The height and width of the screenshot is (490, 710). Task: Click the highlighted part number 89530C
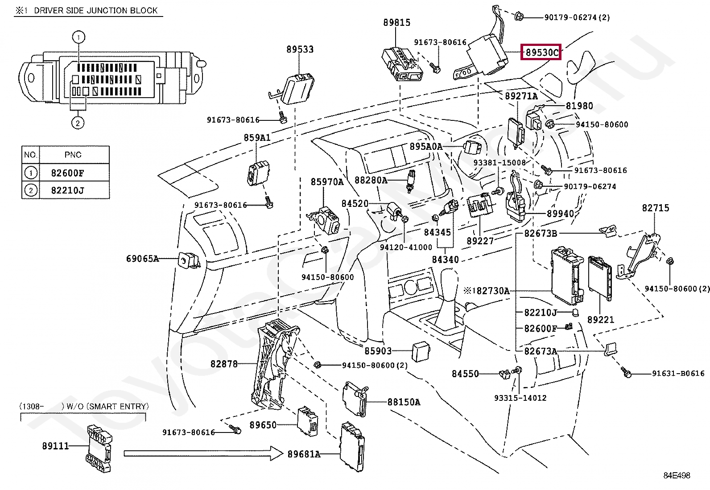(x=542, y=53)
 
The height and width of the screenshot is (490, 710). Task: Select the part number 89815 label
(x=396, y=22)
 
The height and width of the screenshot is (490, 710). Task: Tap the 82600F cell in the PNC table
(x=67, y=173)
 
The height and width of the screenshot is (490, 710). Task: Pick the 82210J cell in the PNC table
(x=67, y=190)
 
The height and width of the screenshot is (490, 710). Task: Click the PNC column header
(x=73, y=155)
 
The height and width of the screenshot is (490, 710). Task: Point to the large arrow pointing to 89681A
(x=203, y=453)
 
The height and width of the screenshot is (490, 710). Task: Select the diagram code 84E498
(x=677, y=475)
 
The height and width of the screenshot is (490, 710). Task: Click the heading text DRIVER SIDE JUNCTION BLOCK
(x=95, y=10)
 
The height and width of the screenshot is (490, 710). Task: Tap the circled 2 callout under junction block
(x=78, y=123)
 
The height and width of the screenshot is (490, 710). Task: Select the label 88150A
(x=404, y=402)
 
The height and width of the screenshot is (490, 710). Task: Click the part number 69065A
(x=142, y=259)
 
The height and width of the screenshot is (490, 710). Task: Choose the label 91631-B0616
(x=678, y=374)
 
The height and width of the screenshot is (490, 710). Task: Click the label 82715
(x=655, y=208)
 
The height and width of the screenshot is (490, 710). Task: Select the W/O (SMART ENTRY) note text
(x=107, y=406)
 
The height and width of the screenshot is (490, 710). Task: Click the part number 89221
(x=600, y=320)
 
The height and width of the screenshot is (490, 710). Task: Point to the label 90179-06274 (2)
(x=577, y=17)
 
